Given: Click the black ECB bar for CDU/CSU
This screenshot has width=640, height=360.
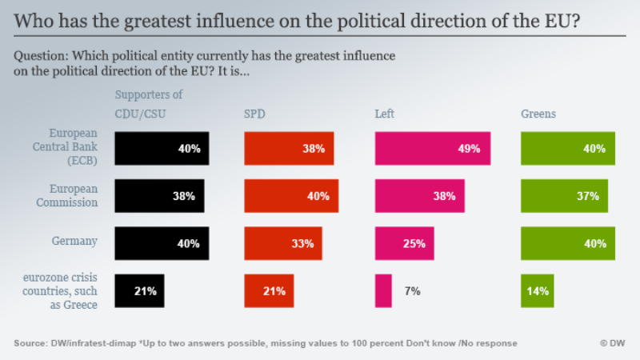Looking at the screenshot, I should tap(162, 149).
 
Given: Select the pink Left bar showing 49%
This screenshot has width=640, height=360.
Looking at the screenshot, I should tap(433, 149).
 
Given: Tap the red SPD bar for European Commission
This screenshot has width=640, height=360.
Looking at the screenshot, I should tap(291, 196).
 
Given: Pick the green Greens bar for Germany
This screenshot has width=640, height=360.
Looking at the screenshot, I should tap(568, 243).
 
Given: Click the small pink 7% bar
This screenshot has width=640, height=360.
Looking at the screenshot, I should tap(383, 290).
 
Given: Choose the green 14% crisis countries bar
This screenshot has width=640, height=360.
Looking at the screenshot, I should tap(537, 290).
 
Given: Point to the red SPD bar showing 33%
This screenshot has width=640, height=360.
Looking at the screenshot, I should tap(283, 243).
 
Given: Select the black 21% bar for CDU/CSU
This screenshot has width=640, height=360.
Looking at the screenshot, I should tap(138, 290).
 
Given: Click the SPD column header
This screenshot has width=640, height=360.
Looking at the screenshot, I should tap(255, 114).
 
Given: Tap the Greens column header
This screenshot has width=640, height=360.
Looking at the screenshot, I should tap(538, 114).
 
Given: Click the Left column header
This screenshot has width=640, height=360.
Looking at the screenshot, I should tap(385, 114).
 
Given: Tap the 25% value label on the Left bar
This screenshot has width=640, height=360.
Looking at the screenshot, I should tap(414, 243).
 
